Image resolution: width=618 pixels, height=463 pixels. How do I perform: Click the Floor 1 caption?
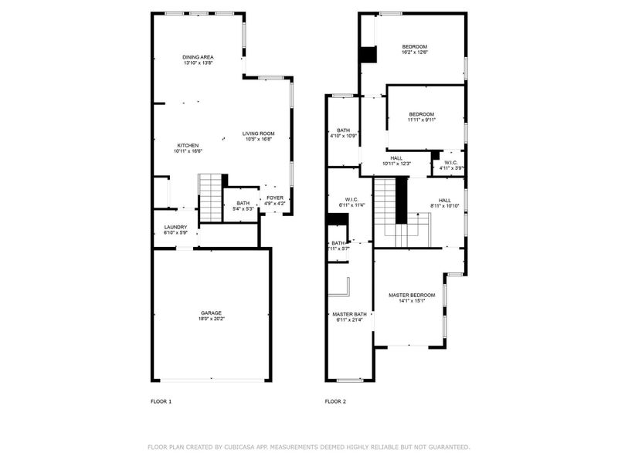pos(161,401)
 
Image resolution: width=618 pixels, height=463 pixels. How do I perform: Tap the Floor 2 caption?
pos(334,401)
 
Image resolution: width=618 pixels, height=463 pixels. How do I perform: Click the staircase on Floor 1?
pos(210,197)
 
